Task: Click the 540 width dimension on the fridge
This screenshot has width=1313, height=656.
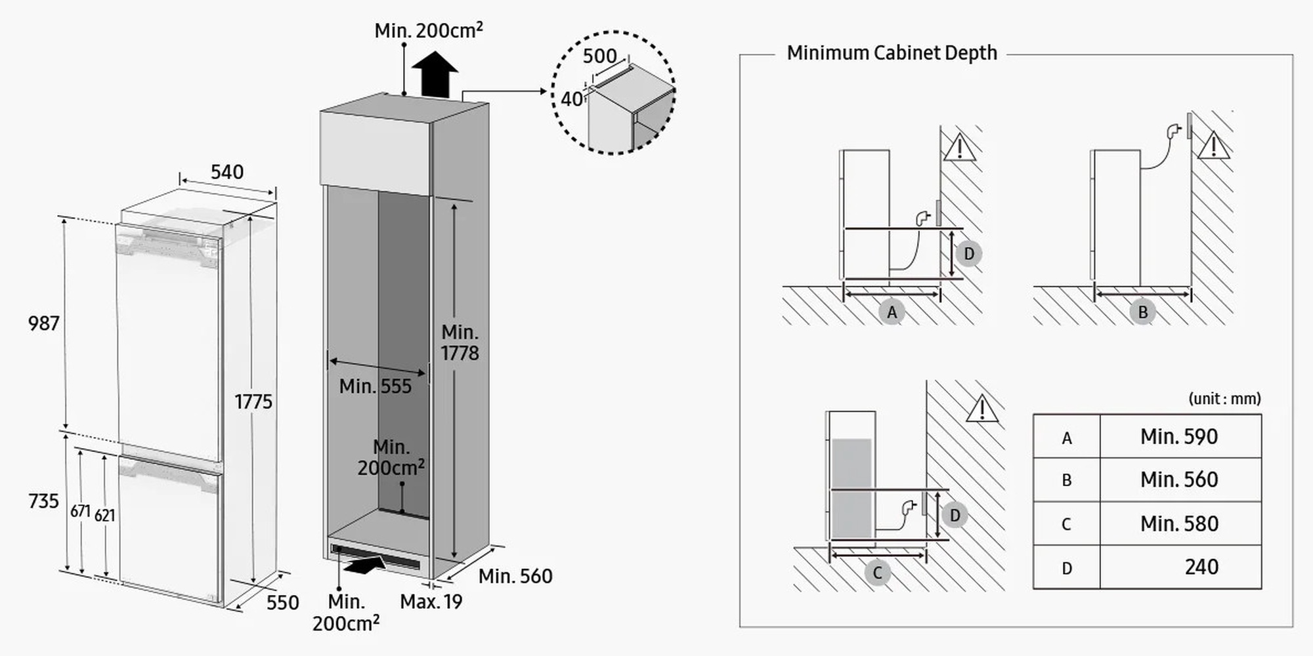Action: click(226, 172)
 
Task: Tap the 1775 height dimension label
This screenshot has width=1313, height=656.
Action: click(253, 401)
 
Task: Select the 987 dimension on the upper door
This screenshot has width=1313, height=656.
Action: click(44, 323)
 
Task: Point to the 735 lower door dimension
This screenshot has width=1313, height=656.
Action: click(44, 501)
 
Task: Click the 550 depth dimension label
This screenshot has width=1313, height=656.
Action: click(282, 602)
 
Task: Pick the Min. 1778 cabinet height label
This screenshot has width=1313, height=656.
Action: click(460, 342)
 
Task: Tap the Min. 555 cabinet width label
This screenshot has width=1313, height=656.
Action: click(375, 386)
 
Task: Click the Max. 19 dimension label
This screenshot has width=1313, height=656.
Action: click(431, 602)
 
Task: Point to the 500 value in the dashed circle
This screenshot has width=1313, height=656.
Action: click(599, 56)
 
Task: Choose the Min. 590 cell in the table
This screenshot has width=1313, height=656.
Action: click(1179, 437)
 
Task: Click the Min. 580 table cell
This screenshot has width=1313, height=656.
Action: click(1179, 523)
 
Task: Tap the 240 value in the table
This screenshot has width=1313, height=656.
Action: click(1201, 567)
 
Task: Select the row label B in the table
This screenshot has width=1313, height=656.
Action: click(1067, 480)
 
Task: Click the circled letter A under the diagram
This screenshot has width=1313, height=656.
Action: click(892, 312)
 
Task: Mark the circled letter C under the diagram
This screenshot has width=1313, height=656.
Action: click(877, 573)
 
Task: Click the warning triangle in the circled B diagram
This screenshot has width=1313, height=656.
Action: click(1213, 146)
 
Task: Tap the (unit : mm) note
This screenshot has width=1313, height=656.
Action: click(1224, 399)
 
